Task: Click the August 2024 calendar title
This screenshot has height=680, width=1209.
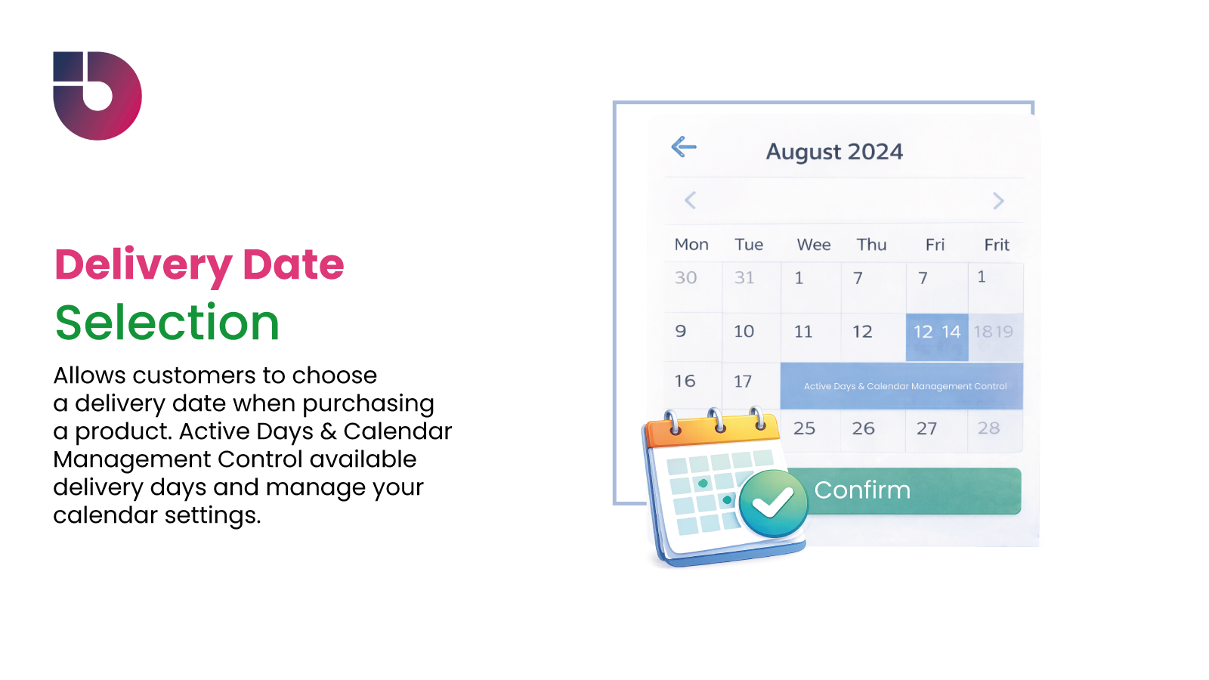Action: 834,152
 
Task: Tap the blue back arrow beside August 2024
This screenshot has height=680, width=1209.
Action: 684,147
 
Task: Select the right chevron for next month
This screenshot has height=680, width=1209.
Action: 998,201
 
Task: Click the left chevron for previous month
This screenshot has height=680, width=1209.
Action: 690,200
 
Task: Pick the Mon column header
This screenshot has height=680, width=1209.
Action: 691,245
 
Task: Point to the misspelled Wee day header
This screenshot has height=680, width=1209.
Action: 814,245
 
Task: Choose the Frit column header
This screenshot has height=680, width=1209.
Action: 997,245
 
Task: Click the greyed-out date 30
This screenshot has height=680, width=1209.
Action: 686,278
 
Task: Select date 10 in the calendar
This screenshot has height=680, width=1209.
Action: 744,332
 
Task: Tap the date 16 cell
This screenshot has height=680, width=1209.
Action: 685,381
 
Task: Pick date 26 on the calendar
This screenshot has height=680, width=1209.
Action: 863,428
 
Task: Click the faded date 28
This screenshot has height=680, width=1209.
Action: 988,428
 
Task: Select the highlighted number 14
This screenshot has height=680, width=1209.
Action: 951,332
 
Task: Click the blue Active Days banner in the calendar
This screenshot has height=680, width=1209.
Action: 904,386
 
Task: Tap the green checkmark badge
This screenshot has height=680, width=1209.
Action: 773,503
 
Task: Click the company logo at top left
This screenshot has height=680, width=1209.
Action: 97,96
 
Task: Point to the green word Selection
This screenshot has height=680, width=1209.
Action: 168,323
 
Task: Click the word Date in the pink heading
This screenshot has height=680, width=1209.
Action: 293,265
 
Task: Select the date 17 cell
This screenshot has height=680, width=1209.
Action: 743,382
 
